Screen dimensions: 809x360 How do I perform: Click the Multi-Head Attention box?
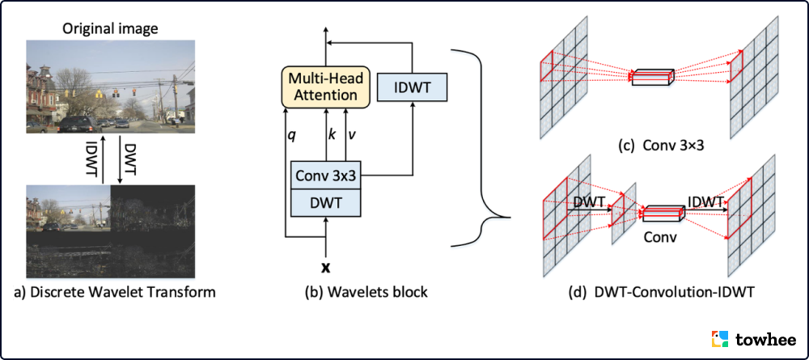[326, 87]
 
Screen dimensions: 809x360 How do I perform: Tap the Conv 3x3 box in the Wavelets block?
[326, 176]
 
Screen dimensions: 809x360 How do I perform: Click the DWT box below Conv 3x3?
[326, 203]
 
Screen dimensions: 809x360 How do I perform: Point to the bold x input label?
[325, 268]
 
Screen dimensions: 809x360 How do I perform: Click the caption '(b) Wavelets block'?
[366, 293]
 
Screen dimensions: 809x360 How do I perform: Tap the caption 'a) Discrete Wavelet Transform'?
[116, 293]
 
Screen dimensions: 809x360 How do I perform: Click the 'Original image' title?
[110, 28]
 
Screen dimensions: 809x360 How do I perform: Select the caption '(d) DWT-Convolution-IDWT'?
[661, 293]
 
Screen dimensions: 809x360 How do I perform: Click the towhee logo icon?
[720, 339]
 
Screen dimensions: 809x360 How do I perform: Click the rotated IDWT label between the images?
[95, 158]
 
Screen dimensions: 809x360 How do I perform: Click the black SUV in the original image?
[80, 125]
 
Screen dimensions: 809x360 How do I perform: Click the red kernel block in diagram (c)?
[653, 76]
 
